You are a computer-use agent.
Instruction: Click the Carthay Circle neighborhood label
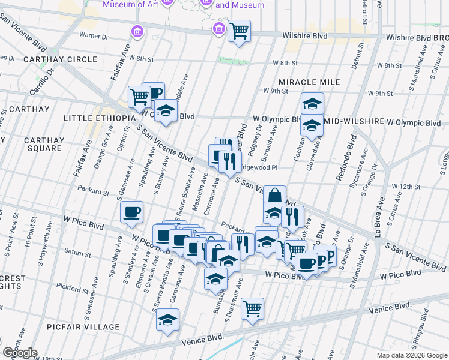tap(60, 59)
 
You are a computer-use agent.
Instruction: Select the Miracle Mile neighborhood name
tap(309, 82)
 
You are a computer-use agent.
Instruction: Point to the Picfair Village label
tap(86, 327)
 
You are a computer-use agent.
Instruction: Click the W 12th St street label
tap(406, 187)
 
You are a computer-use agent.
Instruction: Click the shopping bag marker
tap(274, 195)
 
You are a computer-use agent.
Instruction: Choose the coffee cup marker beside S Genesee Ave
tap(132, 211)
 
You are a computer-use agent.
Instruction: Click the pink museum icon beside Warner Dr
tap(137, 31)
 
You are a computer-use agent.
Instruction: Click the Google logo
tap(20, 353)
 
